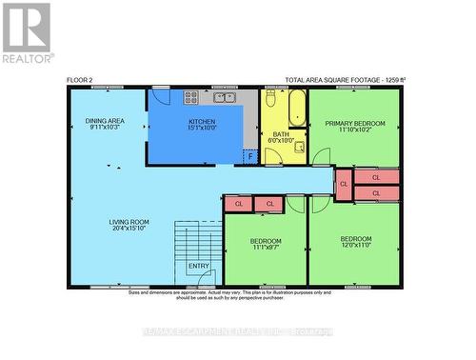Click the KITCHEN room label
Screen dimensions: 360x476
(x=202, y=122)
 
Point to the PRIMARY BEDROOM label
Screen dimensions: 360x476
(x=354, y=124)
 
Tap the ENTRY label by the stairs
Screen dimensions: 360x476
(x=199, y=267)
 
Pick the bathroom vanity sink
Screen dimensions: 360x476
(x=299, y=148)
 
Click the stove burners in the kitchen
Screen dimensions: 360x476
(x=191, y=96)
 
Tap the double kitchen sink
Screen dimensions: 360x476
(x=224, y=96)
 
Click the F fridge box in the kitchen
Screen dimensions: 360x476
(x=249, y=156)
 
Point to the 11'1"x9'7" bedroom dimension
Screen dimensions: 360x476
(x=266, y=249)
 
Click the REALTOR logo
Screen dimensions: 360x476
(x=27, y=32)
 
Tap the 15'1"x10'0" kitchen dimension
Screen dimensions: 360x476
(x=202, y=130)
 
